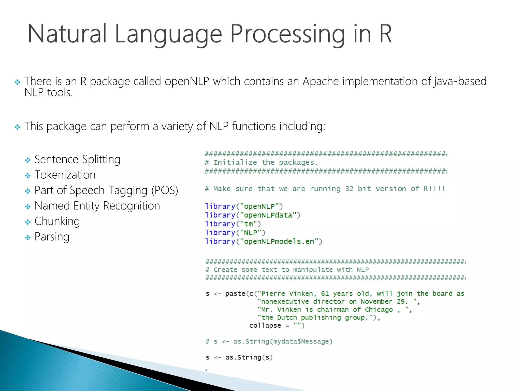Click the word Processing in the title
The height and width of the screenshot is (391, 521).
tap(287, 34)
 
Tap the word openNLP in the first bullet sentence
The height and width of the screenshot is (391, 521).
tap(187, 81)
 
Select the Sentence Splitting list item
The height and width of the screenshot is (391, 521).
tap(77, 160)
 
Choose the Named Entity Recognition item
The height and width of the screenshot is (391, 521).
tap(97, 206)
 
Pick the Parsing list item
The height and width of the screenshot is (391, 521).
tap(52, 237)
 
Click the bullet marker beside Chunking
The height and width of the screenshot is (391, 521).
tap(27, 222)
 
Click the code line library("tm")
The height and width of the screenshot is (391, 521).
tap(233, 224)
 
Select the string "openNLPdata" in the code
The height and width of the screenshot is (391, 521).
tap(268, 215)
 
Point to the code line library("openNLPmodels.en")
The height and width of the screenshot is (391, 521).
tap(264, 242)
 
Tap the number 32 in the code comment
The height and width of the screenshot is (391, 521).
tap(349, 189)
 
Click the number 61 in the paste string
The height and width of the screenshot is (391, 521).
tap(325, 294)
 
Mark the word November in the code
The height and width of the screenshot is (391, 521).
tap(377, 302)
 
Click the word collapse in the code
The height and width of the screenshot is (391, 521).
tap(265, 326)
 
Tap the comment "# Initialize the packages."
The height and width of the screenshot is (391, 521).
tap(262, 162)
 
